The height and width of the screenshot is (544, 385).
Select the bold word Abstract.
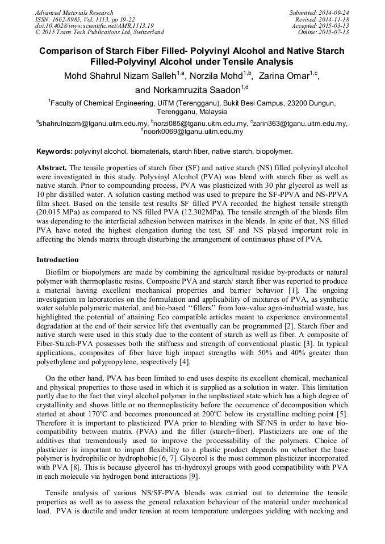point(52,169)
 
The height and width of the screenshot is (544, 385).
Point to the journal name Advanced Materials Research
point(74,12)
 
